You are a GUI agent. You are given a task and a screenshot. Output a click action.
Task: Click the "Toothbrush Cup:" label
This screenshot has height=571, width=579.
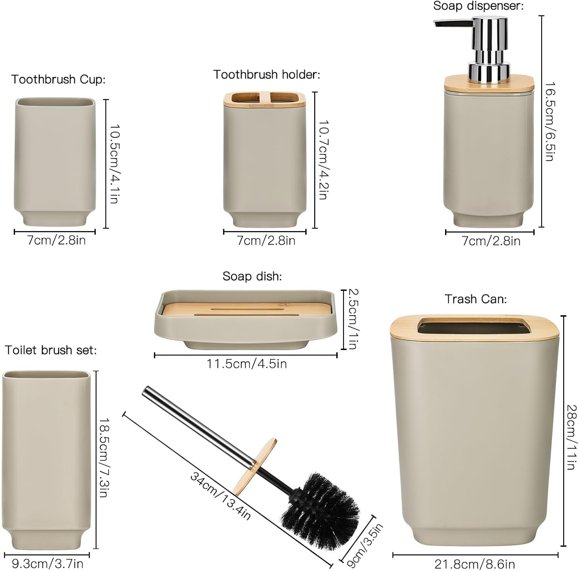pos(58,80)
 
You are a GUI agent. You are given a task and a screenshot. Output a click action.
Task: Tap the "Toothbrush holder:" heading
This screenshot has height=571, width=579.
pos(267,75)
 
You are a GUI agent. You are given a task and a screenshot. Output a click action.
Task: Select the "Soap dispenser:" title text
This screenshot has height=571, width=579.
pos(478,6)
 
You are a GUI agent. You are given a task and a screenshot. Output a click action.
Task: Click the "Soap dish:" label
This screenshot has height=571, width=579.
pos(252,276)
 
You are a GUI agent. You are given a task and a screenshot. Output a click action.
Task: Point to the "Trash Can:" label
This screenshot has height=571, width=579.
pos(476,299)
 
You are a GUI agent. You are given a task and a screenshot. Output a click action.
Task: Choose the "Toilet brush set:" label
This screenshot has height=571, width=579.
pos(51,350)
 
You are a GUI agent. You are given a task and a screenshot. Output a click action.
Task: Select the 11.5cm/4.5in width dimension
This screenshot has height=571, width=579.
pos(247,364)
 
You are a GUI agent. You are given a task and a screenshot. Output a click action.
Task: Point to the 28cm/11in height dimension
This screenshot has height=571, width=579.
pos(571,437)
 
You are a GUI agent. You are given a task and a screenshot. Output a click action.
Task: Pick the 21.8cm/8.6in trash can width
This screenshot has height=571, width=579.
pos(475,564)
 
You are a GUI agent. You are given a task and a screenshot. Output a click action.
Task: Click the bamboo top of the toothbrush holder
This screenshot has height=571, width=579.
pos(265,99)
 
